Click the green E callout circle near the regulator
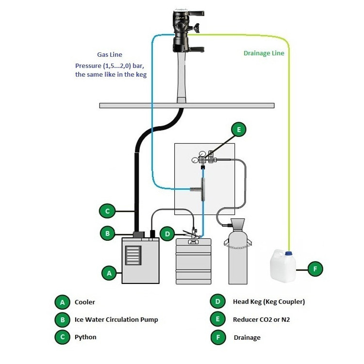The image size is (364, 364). click(x=239, y=130)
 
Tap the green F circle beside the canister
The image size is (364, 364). click(x=315, y=269)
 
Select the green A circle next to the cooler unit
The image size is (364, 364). click(x=109, y=273)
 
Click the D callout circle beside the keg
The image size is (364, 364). click(x=167, y=234)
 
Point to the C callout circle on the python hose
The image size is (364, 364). click(x=107, y=211)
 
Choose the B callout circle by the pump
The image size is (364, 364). click(x=107, y=233)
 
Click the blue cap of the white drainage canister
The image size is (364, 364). click(x=288, y=253)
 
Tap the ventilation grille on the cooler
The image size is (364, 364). click(x=133, y=255)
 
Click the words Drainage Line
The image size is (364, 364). click(x=264, y=53)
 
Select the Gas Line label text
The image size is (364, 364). click(x=110, y=54)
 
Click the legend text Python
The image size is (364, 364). click(x=85, y=337)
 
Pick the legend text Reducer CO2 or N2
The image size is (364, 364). click(x=262, y=319)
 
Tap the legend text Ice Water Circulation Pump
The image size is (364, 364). click(x=116, y=319)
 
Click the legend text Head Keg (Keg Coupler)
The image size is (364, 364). click(x=269, y=301)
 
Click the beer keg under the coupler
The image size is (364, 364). click(x=193, y=262)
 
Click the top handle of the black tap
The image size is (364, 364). click(x=197, y=13)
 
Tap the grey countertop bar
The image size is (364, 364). click(x=187, y=106)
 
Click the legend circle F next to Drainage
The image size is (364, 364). click(x=218, y=337)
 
